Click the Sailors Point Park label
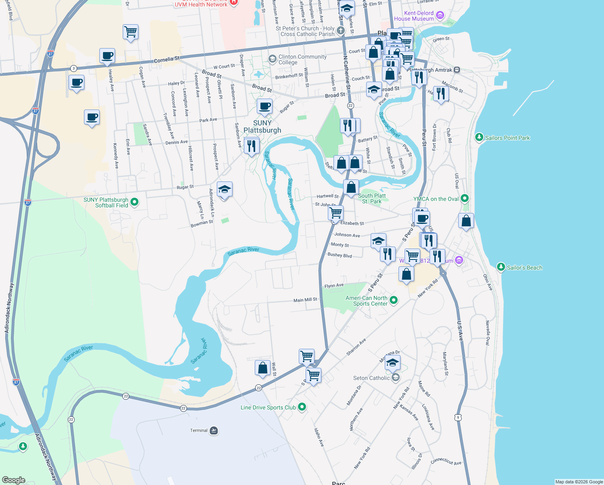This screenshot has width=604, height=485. coord(507,138)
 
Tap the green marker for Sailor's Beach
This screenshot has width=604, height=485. coord(501,267)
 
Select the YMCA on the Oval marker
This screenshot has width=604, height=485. coord(464,198)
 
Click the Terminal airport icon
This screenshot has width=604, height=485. coord(214,430)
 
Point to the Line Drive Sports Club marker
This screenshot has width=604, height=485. coord(302,407)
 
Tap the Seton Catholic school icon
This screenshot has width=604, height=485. coord(396,378)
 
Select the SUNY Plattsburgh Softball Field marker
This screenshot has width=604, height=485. coord(135,202)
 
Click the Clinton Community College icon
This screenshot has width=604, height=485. coord(272,59)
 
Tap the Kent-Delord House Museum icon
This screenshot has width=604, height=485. coord(440,16)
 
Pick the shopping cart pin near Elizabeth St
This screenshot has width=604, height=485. coord(336,213)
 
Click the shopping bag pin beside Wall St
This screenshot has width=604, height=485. coord(262,368)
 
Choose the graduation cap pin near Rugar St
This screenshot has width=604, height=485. coord(224,189)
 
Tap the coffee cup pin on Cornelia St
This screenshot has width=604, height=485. coord(107,56)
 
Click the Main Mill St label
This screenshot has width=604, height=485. coord(305,300)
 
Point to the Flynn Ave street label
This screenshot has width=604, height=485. coord(334,286)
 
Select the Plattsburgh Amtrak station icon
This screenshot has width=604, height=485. coord(457,70)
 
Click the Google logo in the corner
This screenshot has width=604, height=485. coord(13,480)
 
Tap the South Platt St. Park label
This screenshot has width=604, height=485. coord(372,198)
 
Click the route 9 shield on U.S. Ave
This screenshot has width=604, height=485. coord(457,418)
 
